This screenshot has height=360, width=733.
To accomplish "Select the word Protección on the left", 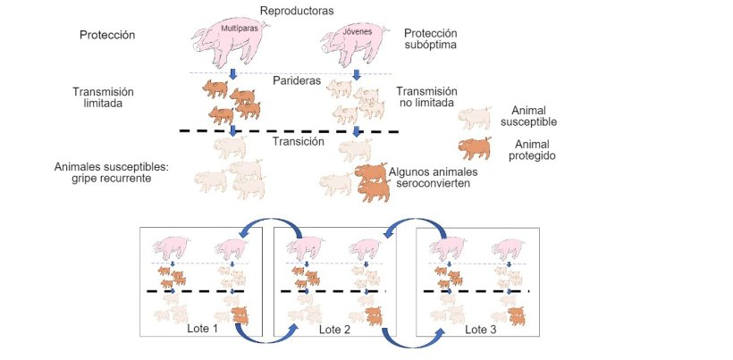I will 106,36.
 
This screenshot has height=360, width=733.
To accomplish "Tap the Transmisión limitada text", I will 102,97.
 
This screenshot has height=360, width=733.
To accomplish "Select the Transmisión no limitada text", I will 426,97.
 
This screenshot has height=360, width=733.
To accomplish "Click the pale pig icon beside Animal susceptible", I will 475,116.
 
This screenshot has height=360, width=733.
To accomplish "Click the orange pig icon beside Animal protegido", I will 475,147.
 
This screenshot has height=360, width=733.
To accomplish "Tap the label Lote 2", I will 334,329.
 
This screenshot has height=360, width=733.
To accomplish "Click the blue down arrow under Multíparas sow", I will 232,73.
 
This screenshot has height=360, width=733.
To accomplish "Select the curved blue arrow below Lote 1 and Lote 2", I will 265,335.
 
